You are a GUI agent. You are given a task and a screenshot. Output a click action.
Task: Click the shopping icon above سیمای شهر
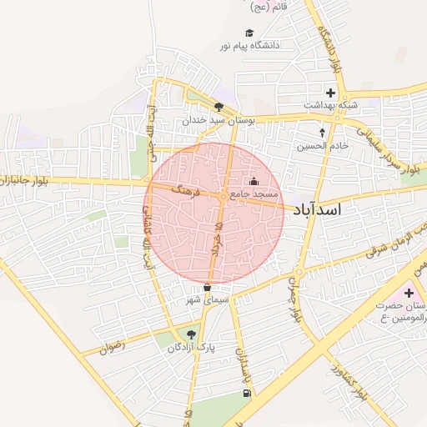[x=206, y=288]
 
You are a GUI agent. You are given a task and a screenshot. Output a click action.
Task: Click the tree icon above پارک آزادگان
[x=192, y=334]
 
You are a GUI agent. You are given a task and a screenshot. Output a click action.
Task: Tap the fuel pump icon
[x=245, y=393]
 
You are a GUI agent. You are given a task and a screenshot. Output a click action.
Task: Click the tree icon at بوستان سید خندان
[x=219, y=107]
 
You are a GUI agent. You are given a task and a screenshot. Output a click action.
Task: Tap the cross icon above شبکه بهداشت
[x=330, y=92]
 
